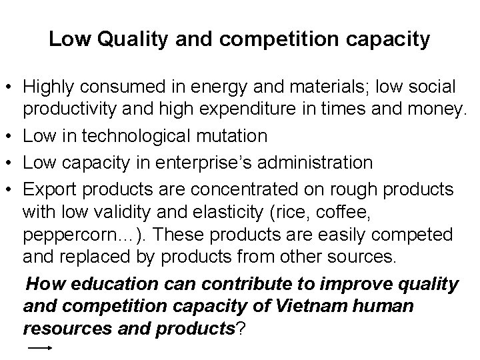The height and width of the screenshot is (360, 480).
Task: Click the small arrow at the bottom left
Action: (x=39, y=348)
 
